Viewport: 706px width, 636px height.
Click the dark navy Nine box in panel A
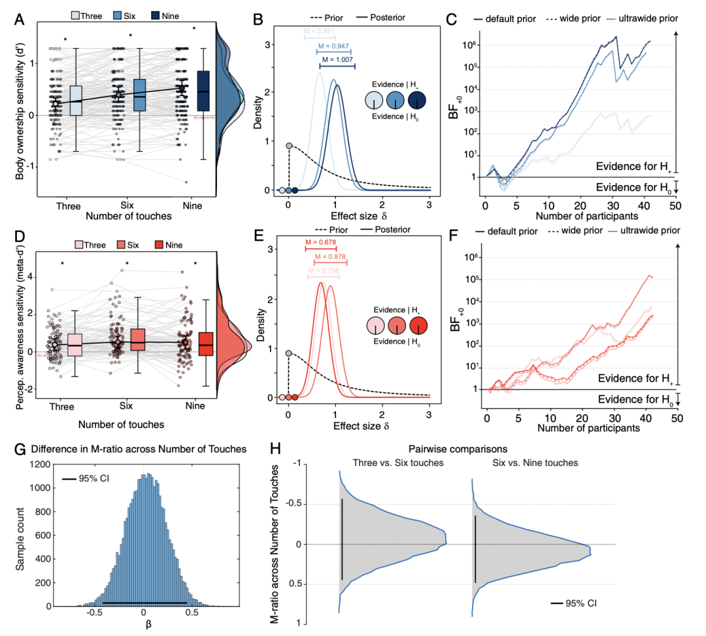tap(203, 90)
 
